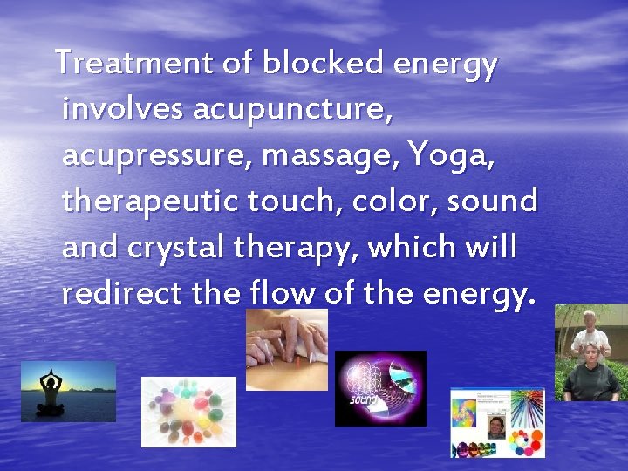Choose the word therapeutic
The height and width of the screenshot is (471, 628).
(150, 201)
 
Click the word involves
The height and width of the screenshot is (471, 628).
(122, 110)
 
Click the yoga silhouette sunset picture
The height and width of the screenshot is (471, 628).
(68, 392)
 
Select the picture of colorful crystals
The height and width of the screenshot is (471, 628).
(188, 412)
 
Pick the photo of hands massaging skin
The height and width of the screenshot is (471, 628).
(286, 349)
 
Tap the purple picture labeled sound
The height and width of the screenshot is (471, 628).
(380, 388)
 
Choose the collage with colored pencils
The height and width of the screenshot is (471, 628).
(497, 422)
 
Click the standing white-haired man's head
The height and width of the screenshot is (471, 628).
(590, 318)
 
